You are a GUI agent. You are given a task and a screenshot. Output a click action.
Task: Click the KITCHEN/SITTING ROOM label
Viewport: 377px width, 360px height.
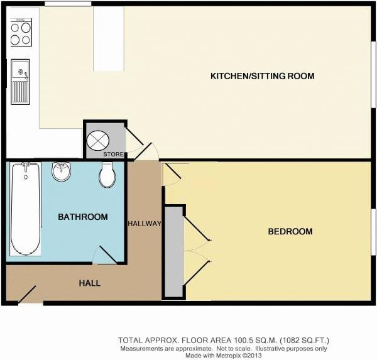point(262,76)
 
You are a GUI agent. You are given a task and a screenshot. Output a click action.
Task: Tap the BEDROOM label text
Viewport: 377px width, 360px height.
point(290,231)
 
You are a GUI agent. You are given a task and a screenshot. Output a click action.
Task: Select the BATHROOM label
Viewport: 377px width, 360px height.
point(83,217)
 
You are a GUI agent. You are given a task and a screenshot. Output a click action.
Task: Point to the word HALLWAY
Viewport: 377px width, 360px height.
point(145,224)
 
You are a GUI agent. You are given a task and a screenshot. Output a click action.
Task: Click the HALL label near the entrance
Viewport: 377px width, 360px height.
point(90,283)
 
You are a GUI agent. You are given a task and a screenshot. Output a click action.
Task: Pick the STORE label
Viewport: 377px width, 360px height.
point(113,154)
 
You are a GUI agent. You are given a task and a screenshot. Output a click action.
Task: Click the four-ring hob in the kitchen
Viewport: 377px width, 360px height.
point(21,32)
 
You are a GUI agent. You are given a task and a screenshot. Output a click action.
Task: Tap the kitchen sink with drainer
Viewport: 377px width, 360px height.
point(21,82)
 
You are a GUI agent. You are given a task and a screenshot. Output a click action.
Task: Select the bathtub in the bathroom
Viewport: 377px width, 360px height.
point(25,209)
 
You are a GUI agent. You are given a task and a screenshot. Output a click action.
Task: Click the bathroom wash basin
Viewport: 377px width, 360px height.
point(62,171)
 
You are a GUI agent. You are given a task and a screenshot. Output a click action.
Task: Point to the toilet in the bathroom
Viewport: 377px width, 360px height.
point(107,175)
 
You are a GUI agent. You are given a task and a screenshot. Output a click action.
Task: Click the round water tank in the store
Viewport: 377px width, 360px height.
point(98,140)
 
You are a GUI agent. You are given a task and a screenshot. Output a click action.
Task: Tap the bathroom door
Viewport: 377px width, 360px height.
point(108,255)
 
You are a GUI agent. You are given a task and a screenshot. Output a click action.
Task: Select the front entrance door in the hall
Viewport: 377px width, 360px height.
point(27,295)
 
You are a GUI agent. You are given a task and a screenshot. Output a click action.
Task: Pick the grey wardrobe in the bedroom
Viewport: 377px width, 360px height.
point(174,252)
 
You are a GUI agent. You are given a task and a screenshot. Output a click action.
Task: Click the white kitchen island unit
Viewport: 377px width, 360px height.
point(109,38)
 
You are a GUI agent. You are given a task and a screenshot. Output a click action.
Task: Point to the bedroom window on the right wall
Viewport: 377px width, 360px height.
point(374,232)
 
